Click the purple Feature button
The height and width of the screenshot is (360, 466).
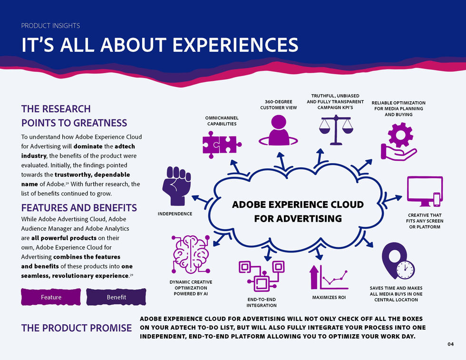51,297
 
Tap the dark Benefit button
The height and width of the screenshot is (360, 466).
116,297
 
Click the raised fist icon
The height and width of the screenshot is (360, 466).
177,185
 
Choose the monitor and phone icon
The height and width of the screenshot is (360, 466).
425,192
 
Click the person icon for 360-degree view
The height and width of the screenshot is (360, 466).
278,131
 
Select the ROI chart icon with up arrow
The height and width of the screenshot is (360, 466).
329,276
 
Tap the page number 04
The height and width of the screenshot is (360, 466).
451,344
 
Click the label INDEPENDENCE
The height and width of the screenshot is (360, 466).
175,214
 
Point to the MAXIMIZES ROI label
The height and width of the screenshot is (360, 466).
329,298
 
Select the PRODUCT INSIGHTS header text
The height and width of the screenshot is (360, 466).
50,26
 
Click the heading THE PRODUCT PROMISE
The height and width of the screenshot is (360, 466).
77,328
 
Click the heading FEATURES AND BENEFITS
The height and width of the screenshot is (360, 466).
79,208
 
